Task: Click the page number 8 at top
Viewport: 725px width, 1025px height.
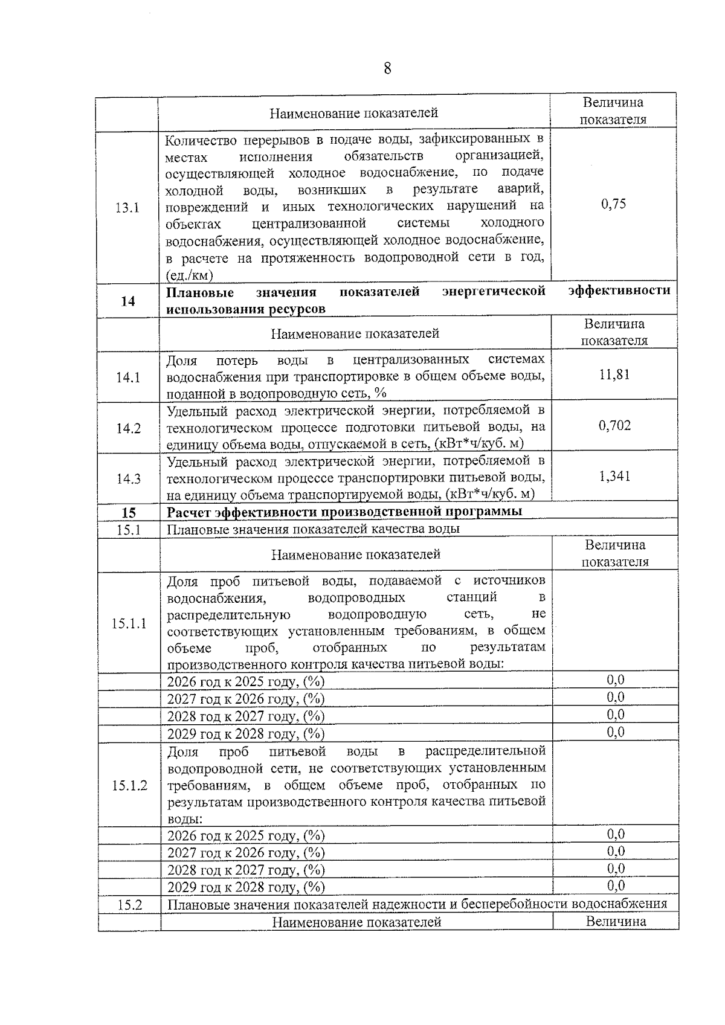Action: (x=387, y=68)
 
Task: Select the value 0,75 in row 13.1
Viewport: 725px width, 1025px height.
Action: (x=613, y=204)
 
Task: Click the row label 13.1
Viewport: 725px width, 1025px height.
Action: (x=127, y=208)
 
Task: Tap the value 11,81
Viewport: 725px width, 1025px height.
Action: (x=614, y=374)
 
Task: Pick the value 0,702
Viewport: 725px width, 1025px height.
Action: (x=614, y=425)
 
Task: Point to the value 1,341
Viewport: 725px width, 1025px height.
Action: (x=614, y=476)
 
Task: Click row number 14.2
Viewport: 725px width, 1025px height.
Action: (x=128, y=428)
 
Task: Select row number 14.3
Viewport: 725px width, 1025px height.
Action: (x=128, y=479)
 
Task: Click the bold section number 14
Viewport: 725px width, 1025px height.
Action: (x=127, y=301)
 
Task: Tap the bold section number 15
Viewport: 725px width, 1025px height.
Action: (x=129, y=513)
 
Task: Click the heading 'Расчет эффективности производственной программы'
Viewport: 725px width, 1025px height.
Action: (x=344, y=512)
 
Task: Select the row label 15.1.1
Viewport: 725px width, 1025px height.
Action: (x=129, y=623)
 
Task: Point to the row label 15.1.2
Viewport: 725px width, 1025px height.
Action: (x=129, y=785)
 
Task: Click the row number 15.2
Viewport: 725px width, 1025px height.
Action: (x=129, y=904)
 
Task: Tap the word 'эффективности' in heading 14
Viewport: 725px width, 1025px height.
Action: (x=619, y=291)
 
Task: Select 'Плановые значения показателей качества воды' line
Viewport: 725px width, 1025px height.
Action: (x=313, y=529)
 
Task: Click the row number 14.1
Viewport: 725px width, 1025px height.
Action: (x=128, y=378)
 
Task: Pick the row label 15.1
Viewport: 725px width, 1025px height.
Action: (x=129, y=529)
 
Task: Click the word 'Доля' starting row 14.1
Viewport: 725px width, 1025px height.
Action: (x=182, y=361)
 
